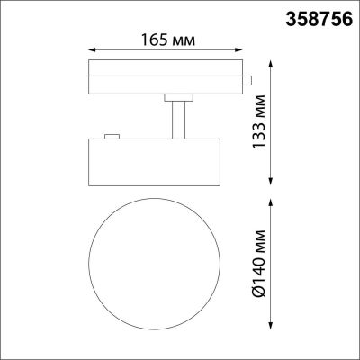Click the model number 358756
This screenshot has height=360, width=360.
click(x=319, y=16)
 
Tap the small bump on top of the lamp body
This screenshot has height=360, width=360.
click(x=112, y=137)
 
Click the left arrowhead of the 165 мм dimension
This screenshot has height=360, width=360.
click(x=90, y=52)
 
